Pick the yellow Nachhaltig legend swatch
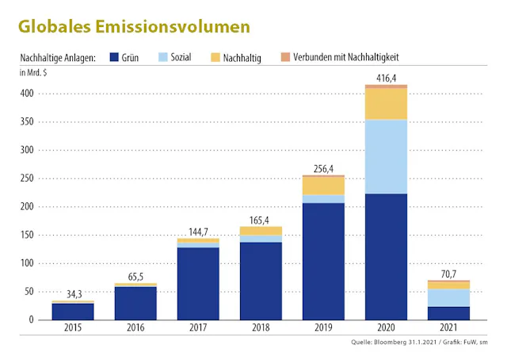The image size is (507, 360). (x=216, y=57)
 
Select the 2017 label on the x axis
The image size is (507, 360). (x=197, y=327)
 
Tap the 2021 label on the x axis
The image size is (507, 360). (x=448, y=327)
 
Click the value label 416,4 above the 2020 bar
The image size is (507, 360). (x=385, y=77)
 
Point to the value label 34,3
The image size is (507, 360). (x=74, y=294)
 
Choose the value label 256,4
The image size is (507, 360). (x=322, y=168)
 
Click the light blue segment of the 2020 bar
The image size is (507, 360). (x=386, y=156)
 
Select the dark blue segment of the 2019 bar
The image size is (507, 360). (x=323, y=261)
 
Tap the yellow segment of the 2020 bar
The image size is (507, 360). (x=386, y=104)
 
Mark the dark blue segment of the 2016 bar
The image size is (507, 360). (x=135, y=303)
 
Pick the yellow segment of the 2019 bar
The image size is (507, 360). (x=323, y=186)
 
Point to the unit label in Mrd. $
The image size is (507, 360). (x=34, y=73)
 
